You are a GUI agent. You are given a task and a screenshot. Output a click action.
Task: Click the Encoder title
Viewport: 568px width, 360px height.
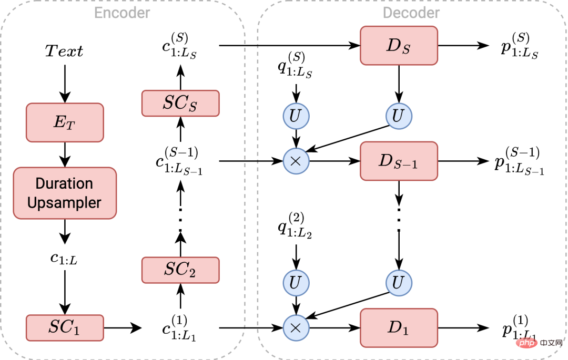[122, 13]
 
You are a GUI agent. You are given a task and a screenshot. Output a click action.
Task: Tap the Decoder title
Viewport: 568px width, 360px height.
[411, 13]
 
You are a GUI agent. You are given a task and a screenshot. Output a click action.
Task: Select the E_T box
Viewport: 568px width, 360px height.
[65, 122]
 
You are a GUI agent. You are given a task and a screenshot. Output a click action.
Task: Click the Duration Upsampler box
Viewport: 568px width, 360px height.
[65, 193]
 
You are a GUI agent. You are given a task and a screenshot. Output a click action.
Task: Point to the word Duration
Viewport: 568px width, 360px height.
[64, 183]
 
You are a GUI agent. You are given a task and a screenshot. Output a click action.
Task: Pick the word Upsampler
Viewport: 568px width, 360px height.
[64, 203]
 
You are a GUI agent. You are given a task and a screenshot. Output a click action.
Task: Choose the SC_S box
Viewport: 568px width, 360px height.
[180, 103]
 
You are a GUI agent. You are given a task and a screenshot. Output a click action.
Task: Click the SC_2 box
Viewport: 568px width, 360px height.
[180, 270]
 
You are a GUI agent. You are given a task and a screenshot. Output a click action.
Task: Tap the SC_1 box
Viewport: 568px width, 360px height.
[65, 327]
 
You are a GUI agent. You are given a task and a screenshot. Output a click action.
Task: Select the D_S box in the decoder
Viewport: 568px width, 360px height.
[399, 46]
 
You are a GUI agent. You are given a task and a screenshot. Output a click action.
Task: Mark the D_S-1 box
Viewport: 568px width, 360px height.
[399, 161]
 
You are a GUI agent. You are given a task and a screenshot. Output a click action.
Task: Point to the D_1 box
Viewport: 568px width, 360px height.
[399, 328]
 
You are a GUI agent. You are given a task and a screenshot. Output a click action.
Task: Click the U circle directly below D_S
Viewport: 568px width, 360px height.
[399, 116]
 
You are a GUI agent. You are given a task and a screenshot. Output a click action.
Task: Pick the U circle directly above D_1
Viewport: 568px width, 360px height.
[399, 283]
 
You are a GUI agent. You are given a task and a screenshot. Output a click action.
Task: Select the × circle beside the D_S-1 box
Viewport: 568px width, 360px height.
[296, 161]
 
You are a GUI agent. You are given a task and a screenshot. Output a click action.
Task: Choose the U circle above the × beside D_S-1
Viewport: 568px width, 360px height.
[296, 116]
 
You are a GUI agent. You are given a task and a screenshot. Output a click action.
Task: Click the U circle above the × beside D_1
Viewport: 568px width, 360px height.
[296, 283]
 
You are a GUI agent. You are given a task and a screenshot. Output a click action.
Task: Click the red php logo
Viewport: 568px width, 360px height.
[526, 343]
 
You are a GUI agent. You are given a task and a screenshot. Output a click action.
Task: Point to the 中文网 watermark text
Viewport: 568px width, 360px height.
[550, 343]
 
